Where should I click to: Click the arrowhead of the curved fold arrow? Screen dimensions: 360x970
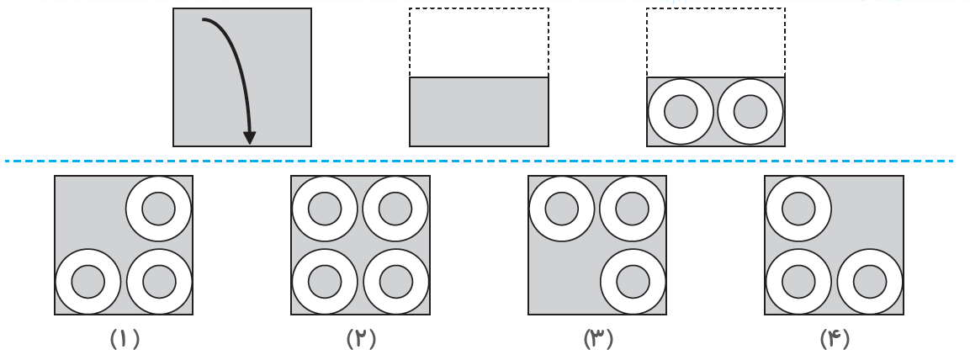(x=249, y=137)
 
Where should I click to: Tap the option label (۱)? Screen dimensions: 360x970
(x=124, y=339)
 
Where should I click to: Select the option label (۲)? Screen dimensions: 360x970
(x=361, y=339)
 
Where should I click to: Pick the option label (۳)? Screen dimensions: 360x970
(x=598, y=339)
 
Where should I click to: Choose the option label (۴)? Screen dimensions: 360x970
(x=835, y=339)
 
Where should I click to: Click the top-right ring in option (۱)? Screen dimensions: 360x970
(x=159, y=209)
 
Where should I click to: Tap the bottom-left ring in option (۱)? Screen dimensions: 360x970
(x=88, y=282)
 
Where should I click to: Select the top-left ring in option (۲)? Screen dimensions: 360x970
(x=325, y=209)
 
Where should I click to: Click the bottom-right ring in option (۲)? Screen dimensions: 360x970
(x=395, y=282)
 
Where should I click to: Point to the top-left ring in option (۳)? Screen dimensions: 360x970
(x=562, y=209)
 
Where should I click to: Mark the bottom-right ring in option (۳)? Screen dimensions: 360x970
(x=633, y=282)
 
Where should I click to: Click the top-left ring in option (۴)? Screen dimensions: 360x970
(x=798, y=209)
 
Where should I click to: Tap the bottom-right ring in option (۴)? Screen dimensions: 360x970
(x=870, y=282)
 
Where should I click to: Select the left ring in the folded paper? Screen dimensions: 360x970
(x=681, y=112)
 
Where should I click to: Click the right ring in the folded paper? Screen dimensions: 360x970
(x=750, y=112)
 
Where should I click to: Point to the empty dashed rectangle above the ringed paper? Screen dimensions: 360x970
(x=715, y=42)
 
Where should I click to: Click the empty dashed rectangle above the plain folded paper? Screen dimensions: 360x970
(x=479, y=42)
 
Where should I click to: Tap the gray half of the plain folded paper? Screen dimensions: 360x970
(x=479, y=112)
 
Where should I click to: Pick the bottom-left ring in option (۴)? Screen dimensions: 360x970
(x=798, y=282)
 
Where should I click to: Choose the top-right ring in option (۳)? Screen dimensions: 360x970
(x=633, y=209)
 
